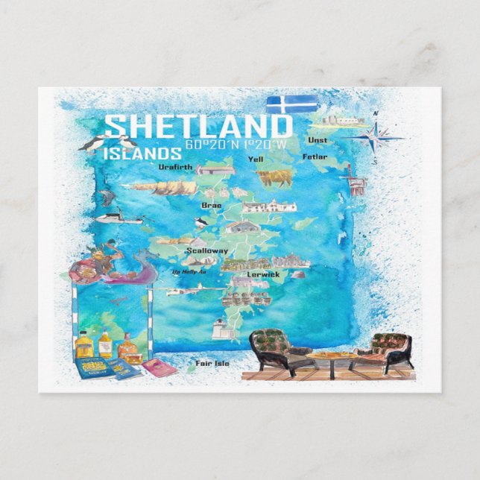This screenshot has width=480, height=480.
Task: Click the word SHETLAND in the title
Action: click(198, 126)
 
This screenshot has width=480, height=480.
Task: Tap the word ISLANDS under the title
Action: click(142, 154)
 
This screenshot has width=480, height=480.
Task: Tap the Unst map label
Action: click(318, 140)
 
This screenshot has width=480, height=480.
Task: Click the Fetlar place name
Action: click(315, 157)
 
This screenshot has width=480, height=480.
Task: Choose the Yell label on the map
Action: click(256, 159)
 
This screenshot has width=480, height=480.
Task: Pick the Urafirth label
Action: click(176, 168)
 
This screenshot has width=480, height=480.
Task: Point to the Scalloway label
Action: click(203, 251)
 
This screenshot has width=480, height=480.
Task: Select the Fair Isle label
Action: click(212, 364)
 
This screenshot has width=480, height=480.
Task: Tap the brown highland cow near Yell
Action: click(274, 177)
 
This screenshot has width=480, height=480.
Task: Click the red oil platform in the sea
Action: click(354, 180)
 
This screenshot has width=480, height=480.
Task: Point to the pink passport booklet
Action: click(159, 367)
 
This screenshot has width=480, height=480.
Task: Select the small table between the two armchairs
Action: click(332, 358)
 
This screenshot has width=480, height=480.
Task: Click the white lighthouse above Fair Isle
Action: click(221, 327)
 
